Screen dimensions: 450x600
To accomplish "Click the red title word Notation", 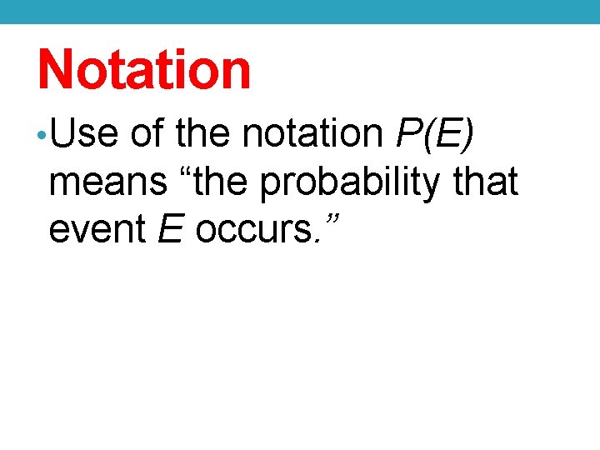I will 144,69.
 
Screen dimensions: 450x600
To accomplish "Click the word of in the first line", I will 147,133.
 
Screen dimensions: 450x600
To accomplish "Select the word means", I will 107,182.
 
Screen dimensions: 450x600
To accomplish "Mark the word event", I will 98,229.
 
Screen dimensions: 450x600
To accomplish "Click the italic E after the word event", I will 170,229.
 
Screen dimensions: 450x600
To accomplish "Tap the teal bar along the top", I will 300,11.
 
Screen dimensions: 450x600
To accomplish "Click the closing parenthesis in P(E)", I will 469,133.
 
